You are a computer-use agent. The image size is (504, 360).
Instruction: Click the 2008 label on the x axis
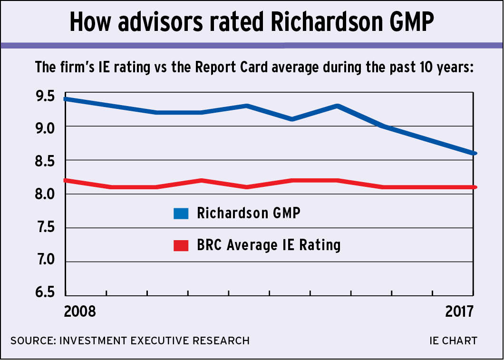point(80,311)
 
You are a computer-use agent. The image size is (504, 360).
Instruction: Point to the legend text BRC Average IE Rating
point(268,245)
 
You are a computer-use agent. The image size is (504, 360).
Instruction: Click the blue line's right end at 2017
point(474,153)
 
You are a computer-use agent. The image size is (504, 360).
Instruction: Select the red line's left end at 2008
point(66,180)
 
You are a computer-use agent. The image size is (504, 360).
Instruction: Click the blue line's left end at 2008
point(66,99)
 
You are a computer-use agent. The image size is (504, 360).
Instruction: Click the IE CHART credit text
point(452,341)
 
